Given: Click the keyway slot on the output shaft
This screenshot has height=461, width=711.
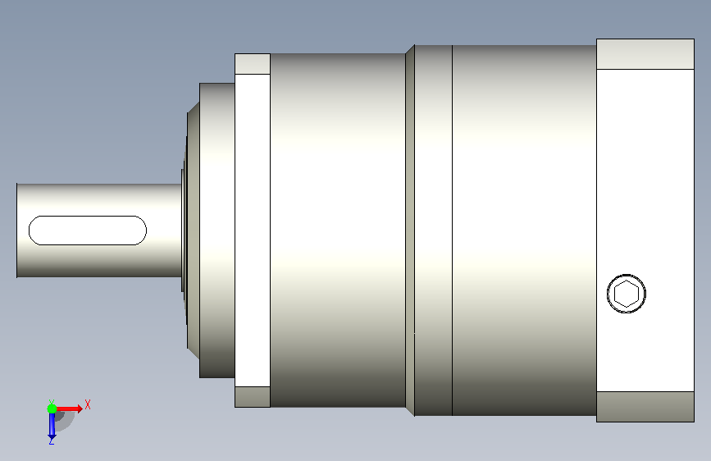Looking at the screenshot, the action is [88, 230].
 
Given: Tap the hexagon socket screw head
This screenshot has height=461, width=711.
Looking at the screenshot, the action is [627, 294].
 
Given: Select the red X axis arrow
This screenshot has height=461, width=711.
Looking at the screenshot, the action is [68, 409].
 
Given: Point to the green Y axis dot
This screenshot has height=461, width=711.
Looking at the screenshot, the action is [52, 409].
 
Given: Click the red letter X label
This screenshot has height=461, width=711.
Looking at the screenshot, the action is [88, 404].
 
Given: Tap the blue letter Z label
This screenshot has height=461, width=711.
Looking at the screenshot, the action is [51, 440].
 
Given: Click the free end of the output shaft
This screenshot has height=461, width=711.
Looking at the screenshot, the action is [17, 230].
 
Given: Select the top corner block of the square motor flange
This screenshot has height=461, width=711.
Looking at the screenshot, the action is [645, 54].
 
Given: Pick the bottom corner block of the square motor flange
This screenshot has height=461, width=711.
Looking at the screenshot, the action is [645, 407].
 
